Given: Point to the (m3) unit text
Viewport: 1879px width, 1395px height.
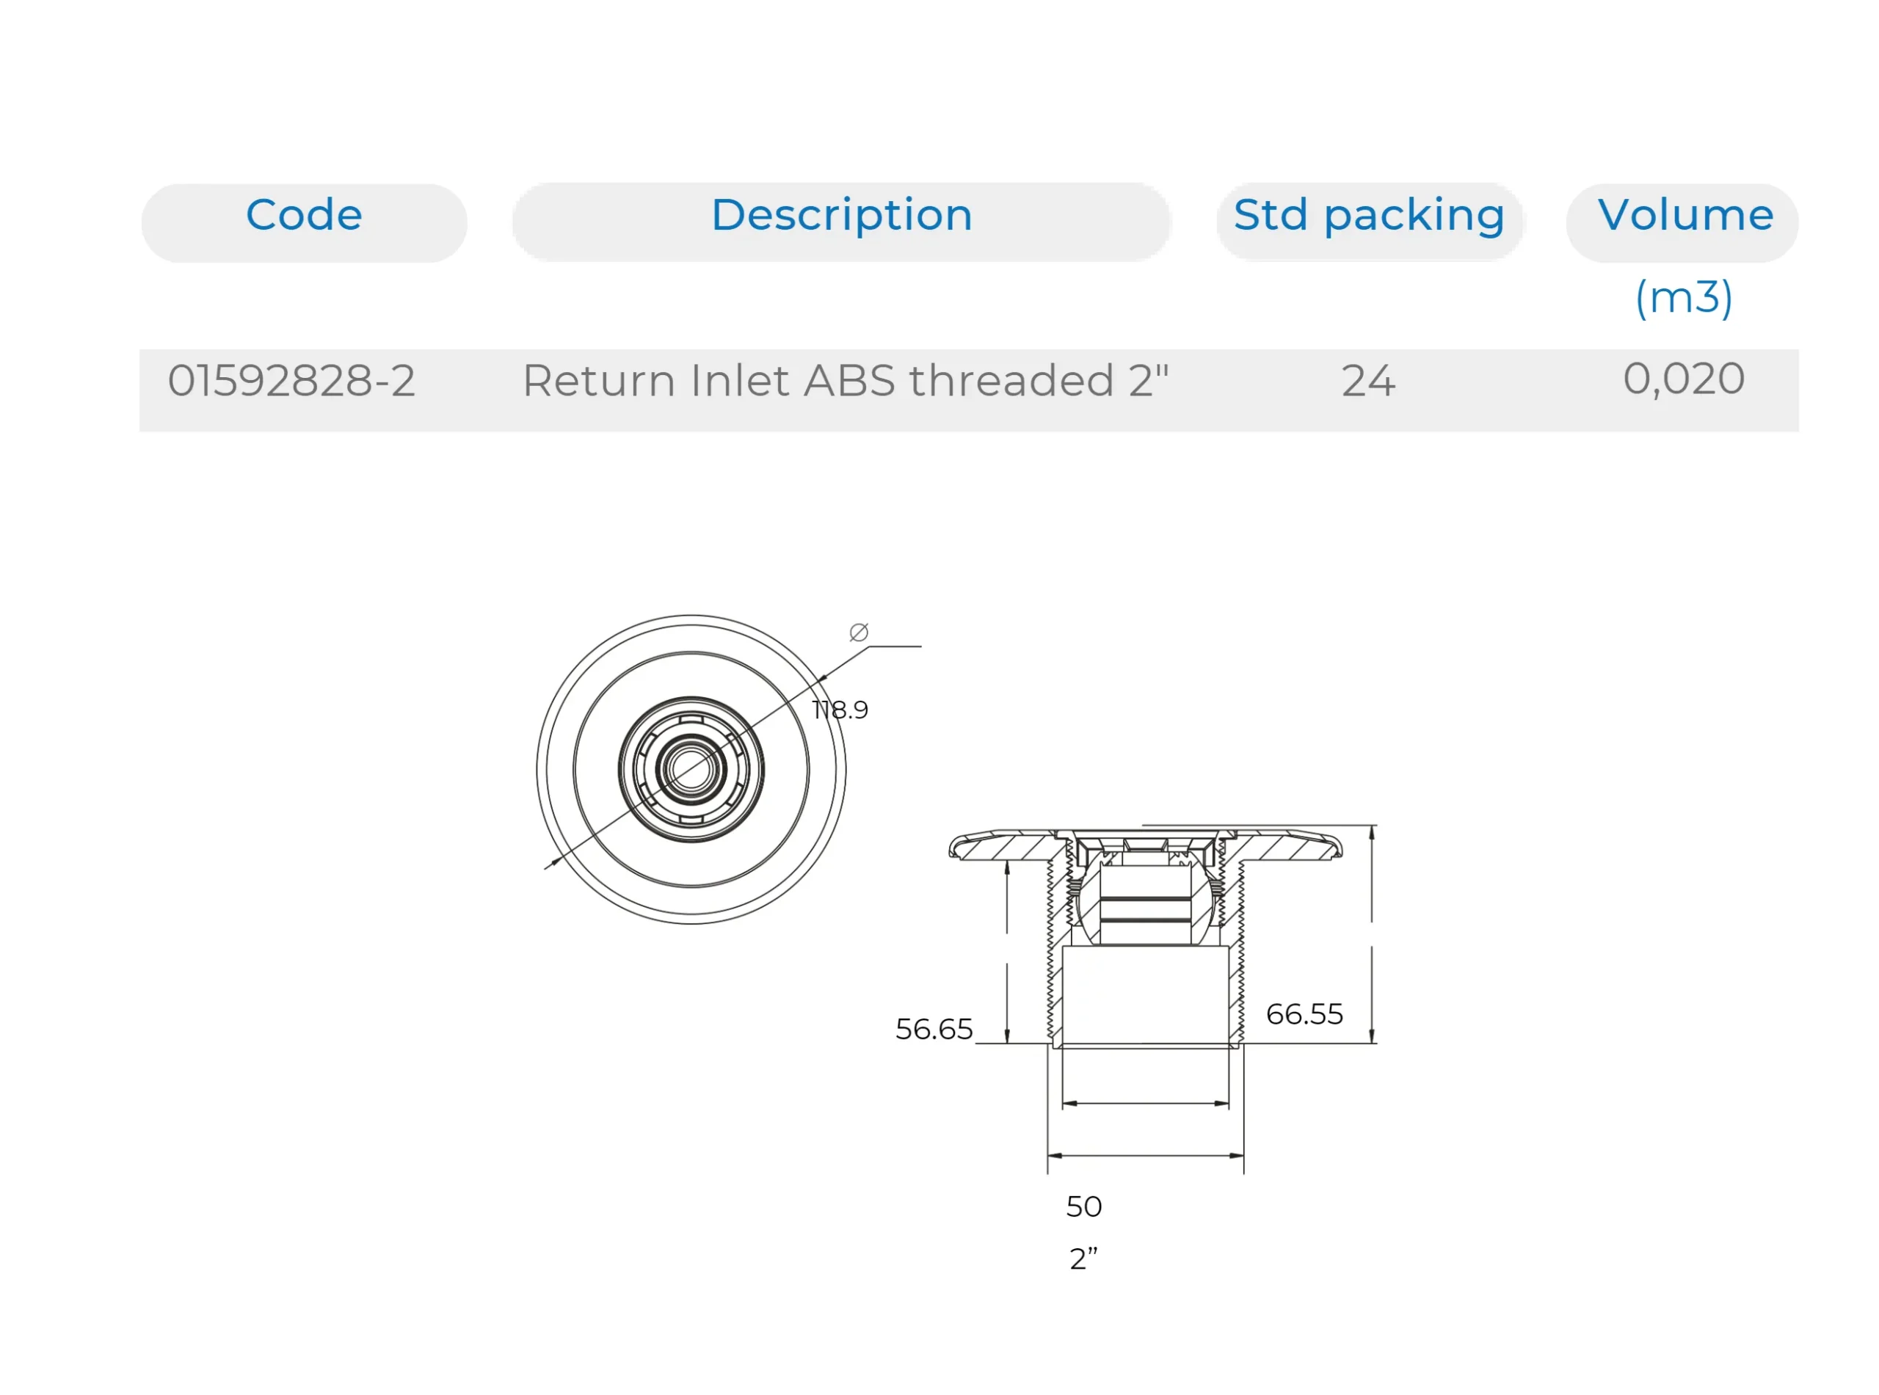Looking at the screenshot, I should [x=1683, y=297].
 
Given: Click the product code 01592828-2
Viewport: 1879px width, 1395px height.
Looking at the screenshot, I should [x=291, y=381].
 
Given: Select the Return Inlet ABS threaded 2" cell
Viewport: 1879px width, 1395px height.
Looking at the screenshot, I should [x=845, y=381].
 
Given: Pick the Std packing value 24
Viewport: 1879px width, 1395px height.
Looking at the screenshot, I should [x=1368, y=381].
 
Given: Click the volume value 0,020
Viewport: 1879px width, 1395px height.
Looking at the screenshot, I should [x=1683, y=379].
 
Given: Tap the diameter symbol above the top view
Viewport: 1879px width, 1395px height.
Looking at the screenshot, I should [x=859, y=633].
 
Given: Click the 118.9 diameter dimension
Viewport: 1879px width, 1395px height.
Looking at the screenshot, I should [x=840, y=710].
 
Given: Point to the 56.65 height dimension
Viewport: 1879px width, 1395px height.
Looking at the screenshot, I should [x=934, y=1030].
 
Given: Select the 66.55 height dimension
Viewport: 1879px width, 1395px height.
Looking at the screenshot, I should [x=1304, y=1014].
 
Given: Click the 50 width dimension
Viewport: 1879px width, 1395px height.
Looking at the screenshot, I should [x=1083, y=1206].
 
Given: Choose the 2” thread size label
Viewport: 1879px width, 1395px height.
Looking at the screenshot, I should [x=1083, y=1259].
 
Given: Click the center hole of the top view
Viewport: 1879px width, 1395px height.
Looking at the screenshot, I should [x=691, y=769].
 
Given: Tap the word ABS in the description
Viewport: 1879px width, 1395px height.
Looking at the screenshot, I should [x=848, y=381].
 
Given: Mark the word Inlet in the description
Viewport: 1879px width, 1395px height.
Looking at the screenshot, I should [x=741, y=381].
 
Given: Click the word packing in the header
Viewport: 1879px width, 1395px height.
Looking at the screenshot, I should [x=1414, y=217].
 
